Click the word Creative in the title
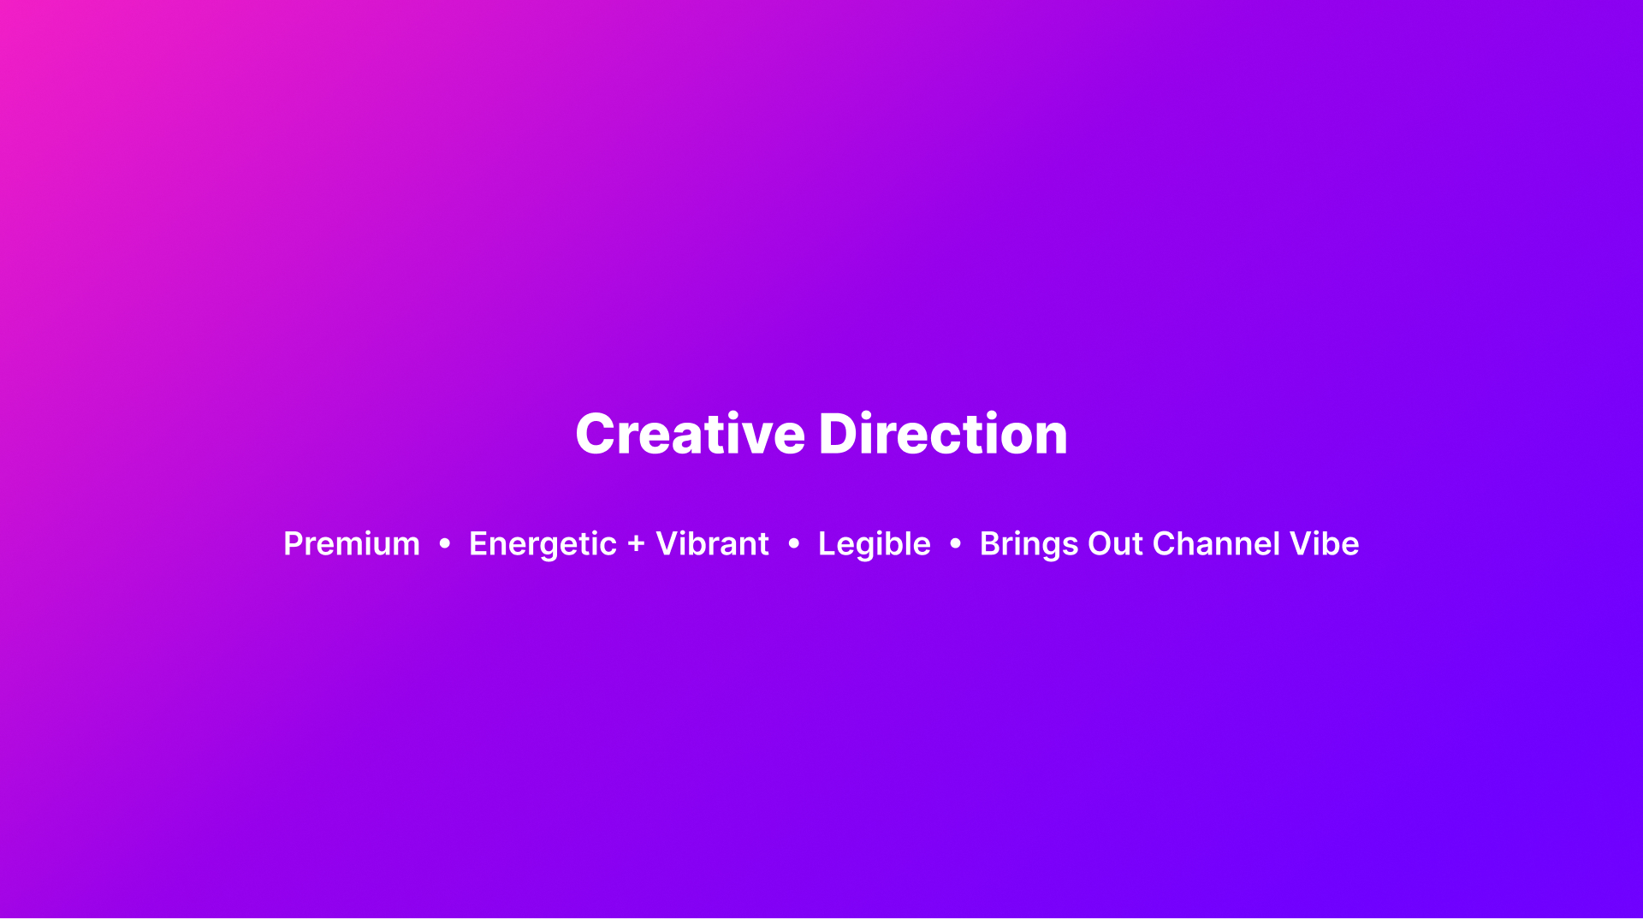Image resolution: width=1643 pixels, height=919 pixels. (690, 434)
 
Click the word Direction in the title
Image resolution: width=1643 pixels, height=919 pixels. (943, 434)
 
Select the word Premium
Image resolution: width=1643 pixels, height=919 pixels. (352, 544)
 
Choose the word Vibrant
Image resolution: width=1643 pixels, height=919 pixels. (712, 544)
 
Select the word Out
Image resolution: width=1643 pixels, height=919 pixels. (1116, 544)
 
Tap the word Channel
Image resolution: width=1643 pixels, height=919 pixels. (1217, 544)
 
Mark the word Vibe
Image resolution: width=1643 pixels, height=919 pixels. (1325, 544)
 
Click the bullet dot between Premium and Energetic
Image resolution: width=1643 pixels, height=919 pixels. (444, 543)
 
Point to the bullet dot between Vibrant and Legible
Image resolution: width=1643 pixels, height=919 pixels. (793, 543)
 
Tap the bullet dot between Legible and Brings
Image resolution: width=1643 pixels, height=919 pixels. (955, 543)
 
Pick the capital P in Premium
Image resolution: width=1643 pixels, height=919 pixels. (294, 544)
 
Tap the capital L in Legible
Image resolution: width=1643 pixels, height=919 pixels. (827, 544)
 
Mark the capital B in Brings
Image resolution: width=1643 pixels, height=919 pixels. (991, 544)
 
